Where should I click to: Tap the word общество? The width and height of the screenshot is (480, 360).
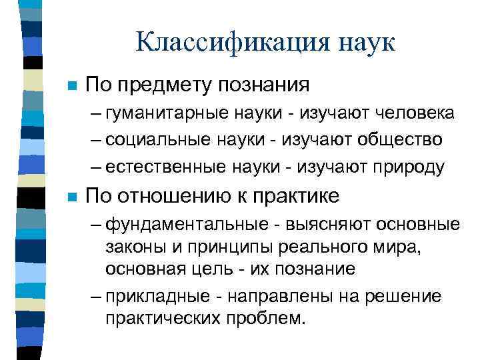(x=400, y=140)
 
